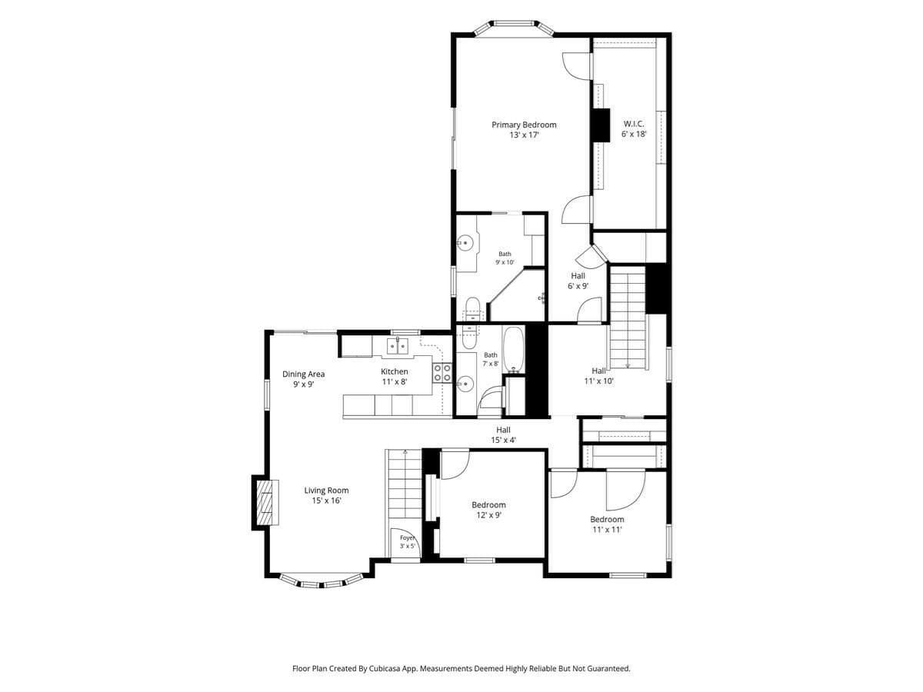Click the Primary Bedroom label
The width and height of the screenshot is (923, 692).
pos(524,129)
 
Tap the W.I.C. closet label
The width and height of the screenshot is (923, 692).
pos(633,129)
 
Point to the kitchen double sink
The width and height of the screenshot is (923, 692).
pos(398,346)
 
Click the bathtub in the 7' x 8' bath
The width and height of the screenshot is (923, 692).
pos(513,350)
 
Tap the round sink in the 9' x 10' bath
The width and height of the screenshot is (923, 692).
pos(465,242)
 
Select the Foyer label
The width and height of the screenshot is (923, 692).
pos(407,541)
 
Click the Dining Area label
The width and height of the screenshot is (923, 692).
pos(303,378)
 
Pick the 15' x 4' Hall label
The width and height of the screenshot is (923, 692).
pos(503,434)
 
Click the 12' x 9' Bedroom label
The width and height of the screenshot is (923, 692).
pos(488,510)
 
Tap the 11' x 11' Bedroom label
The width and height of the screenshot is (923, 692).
pos(607,524)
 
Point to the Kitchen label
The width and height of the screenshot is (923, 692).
pos(394,376)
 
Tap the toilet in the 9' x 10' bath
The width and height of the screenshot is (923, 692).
pos(471,310)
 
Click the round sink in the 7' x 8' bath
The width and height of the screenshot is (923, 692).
pos(465,383)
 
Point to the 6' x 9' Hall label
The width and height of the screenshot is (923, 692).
pos(578,281)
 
